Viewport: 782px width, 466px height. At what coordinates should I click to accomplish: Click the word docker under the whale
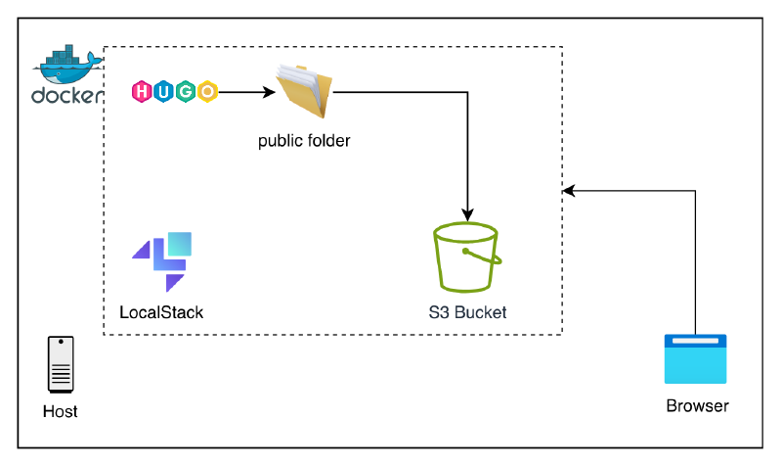66,96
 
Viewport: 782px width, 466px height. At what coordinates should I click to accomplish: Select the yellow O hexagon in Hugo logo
206,93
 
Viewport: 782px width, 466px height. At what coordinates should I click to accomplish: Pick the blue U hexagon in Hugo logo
163,93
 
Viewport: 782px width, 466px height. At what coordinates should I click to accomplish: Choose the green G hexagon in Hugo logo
185,93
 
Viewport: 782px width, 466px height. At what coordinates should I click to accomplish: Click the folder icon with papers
304,92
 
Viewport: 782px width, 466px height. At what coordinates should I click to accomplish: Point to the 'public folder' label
304,141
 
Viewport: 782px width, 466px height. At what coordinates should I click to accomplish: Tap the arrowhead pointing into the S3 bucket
469,212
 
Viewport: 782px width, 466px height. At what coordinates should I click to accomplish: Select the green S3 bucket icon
467,256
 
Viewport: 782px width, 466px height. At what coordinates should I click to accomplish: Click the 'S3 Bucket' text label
467,313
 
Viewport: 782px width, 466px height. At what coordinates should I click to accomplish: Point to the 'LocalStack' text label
161,313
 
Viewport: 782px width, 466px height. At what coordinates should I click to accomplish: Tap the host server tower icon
61,364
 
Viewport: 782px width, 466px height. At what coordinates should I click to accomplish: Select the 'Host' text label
61,412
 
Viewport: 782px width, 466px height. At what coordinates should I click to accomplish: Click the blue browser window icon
696,358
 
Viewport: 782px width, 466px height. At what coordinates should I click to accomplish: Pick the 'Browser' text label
697,406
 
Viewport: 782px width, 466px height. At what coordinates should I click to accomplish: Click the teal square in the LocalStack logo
180,244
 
